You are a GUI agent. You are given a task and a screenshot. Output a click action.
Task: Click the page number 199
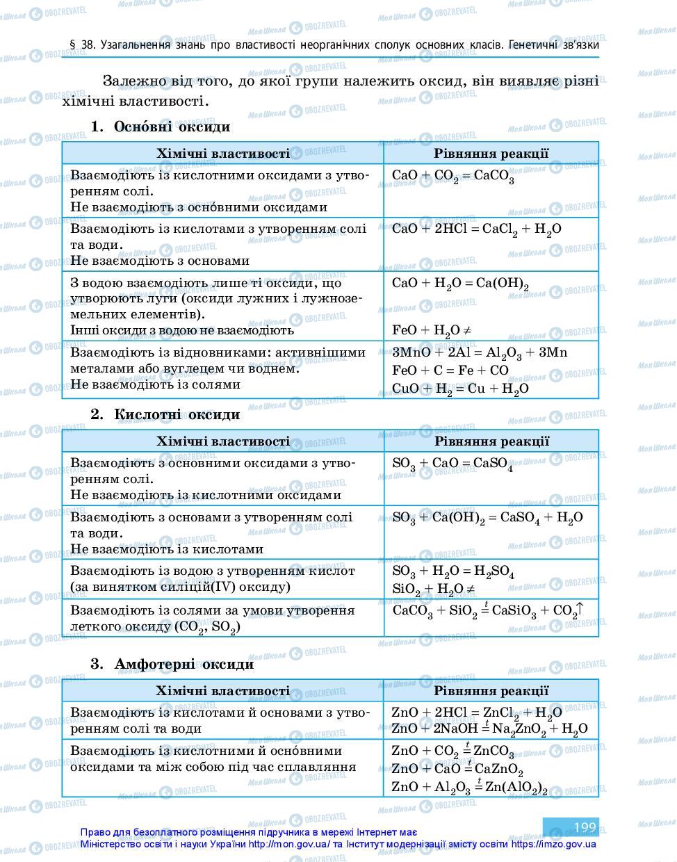tap(585, 827)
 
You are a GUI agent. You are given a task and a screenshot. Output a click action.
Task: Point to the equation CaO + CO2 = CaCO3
tap(452, 177)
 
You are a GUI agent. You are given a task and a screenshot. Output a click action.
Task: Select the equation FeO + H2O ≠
tap(432, 331)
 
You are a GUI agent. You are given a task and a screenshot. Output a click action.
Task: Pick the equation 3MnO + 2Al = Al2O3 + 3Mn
tap(479, 352)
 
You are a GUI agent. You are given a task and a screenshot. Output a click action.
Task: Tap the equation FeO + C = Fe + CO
tap(450, 371)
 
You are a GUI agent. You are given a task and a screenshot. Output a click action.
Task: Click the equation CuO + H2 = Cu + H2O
tap(459, 389)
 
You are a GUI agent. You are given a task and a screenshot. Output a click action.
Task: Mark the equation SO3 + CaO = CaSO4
tap(452, 464)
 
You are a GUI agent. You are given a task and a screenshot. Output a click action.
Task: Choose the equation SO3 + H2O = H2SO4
tap(452, 572)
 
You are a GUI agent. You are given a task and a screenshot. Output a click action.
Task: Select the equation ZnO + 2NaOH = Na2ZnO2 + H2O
tap(489, 729)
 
